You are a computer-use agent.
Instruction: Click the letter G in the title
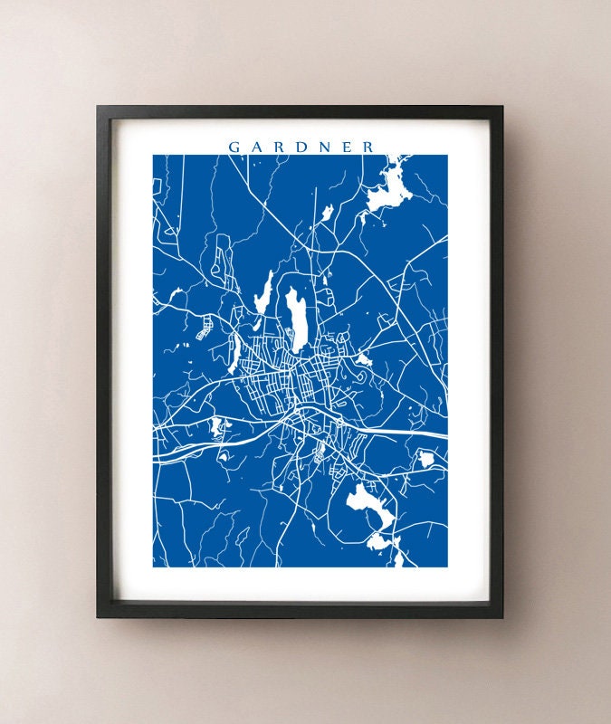[234, 146]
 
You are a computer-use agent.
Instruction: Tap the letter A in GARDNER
[256, 146]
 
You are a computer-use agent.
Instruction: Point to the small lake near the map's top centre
[326, 213]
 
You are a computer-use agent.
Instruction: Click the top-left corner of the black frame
[98, 107]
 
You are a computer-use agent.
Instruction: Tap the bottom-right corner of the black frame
[502, 617]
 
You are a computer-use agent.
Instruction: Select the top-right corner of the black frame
[502, 107]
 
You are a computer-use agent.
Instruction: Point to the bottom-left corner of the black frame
[98, 617]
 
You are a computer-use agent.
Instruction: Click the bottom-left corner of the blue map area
[154, 567]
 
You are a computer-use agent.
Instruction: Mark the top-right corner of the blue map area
[447, 155]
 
